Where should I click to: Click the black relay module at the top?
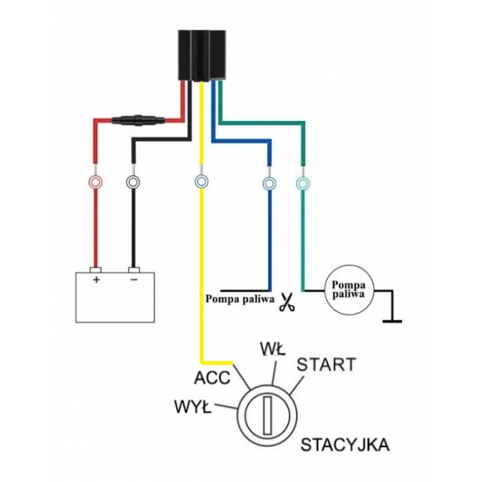202,55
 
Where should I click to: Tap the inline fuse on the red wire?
138,120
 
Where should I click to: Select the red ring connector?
96,182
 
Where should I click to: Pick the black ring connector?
133,182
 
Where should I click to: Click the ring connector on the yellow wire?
202,181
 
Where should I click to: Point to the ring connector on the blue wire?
269,183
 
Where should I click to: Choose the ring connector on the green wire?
303,183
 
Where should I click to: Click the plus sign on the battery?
96,280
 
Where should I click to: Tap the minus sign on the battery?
134,280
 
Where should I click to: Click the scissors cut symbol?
287,303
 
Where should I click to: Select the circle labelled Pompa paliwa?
350,290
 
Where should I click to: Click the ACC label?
212,378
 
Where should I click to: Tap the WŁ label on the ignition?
273,349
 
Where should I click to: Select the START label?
326,365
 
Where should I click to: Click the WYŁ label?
193,407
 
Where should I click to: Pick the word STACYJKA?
345,445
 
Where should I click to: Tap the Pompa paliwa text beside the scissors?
239,299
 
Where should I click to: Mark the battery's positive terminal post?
96,270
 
